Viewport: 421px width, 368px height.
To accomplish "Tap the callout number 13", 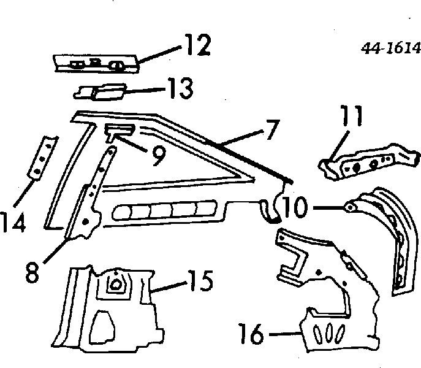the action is (x=180, y=88).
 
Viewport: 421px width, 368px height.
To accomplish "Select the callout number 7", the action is (x=271, y=130).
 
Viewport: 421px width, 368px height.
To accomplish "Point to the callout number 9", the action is (x=159, y=156).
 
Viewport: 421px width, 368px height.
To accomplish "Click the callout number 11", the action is (x=352, y=115).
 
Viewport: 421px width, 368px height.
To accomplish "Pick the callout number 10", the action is (x=294, y=207).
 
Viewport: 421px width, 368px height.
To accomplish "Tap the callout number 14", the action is (x=13, y=222).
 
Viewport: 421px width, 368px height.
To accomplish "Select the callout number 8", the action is (x=32, y=272).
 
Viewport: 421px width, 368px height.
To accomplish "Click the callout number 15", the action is (x=200, y=280).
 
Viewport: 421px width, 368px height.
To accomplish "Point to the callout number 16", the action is (x=251, y=334).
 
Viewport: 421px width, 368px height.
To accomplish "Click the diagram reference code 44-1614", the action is (x=390, y=48).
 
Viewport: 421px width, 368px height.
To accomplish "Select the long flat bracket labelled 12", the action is (x=96, y=64).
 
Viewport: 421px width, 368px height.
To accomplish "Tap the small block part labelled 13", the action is (x=100, y=92).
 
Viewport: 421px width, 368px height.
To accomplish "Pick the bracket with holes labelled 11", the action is (x=369, y=161).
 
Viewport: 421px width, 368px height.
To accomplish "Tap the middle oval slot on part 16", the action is (x=329, y=335).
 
